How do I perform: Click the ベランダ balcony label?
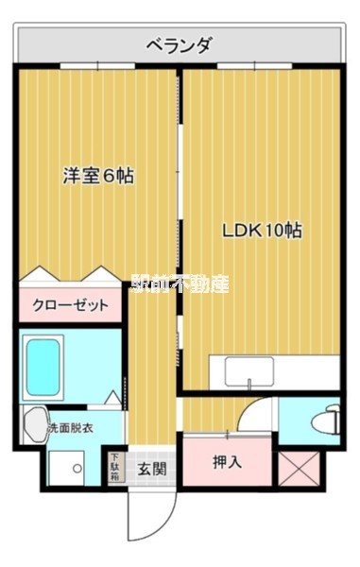coord(179,43)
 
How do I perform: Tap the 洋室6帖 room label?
coord(98,175)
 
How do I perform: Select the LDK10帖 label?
coord(262,230)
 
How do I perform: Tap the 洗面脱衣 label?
coord(72,428)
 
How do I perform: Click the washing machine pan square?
coord(69,466)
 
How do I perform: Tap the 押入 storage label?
coord(227,462)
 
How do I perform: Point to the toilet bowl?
coord(326,420)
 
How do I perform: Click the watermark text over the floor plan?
coord(180,283)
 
